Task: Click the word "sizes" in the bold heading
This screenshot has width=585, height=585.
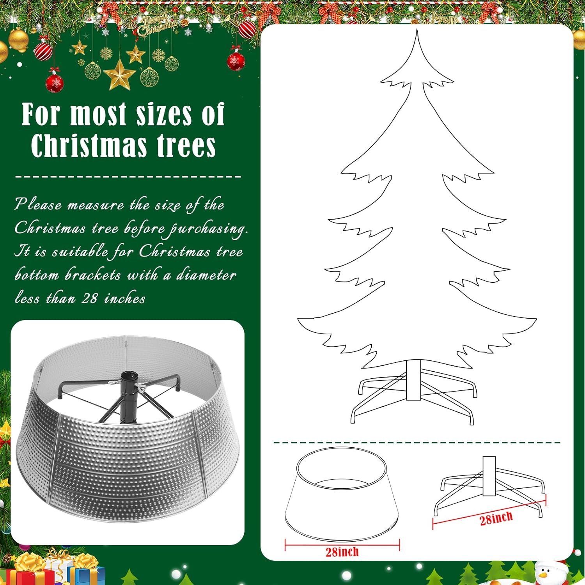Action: point(163,115)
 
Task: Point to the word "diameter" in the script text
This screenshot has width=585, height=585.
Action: point(206,275)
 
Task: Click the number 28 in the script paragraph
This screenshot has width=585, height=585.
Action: point(90,298)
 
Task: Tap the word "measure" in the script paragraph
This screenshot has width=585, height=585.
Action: point(96,205)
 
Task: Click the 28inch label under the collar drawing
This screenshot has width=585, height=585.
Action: point(342,552)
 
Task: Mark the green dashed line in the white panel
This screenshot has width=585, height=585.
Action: point(417,443)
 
